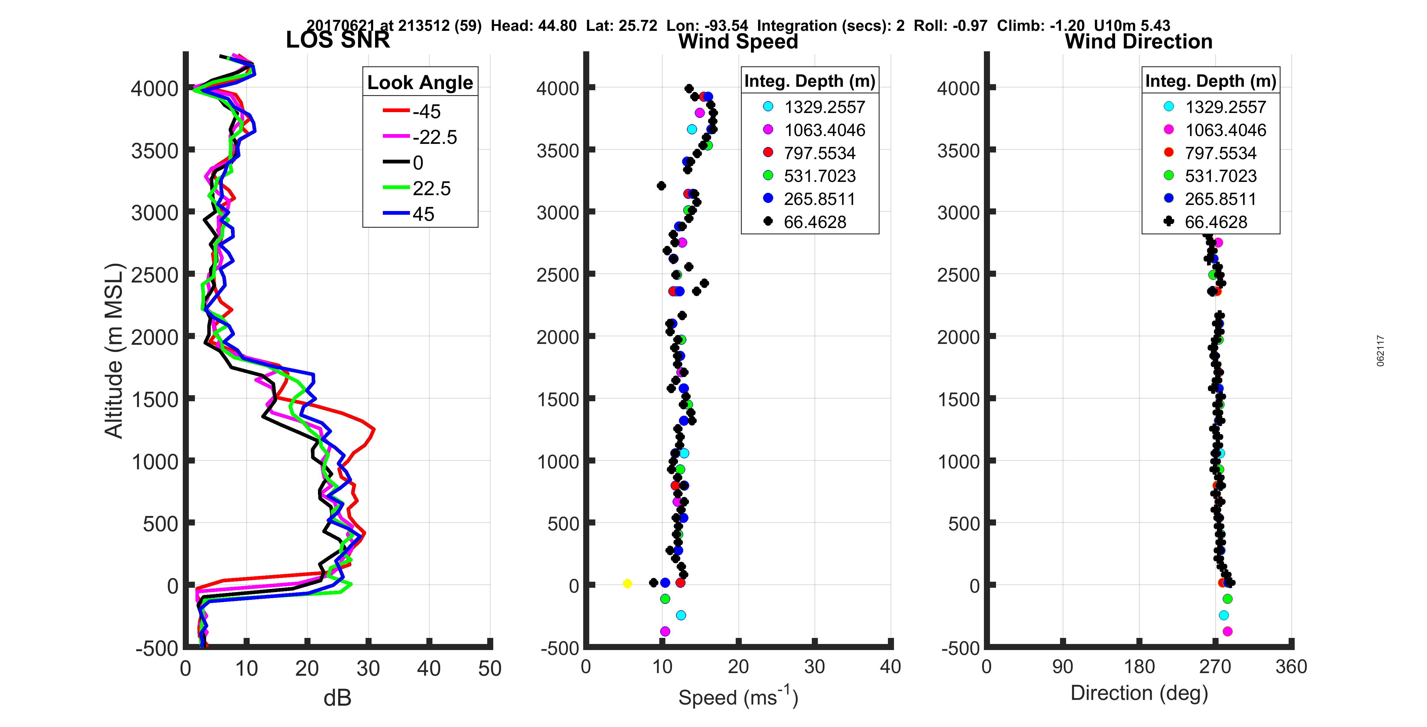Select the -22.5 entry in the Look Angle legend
[434, 137]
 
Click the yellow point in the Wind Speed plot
[627, 583]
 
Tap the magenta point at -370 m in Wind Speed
[665, 631]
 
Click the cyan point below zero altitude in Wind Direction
[1224, 615]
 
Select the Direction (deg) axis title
[1139, 693]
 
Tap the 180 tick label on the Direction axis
[1139, 666]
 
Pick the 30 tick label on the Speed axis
[814, 666]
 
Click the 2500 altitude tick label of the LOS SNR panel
[155, 275]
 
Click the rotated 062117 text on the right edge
[1381, 351]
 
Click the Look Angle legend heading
[420, 82]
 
